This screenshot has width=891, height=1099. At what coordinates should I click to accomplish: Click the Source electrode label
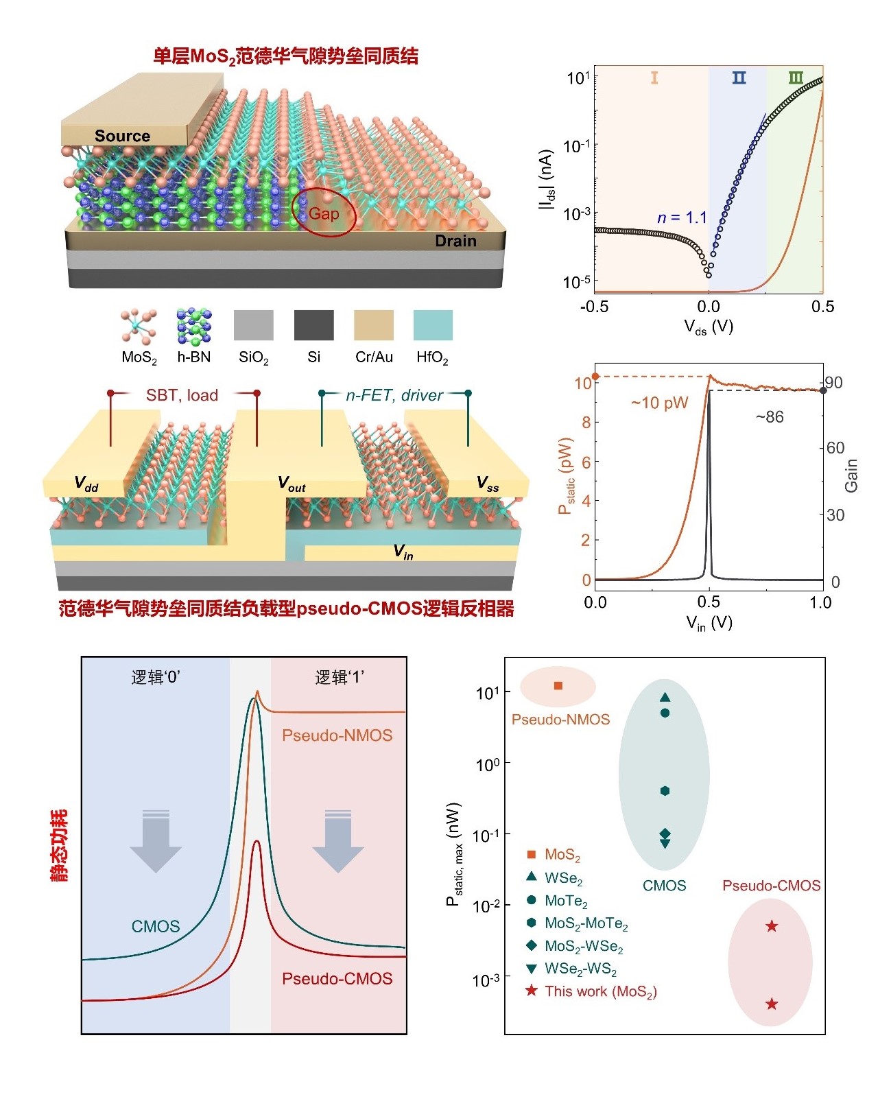(122, 136)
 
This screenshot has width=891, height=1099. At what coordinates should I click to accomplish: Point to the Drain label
(455, 240)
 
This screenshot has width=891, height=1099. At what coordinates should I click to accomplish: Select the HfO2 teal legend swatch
(433, 325)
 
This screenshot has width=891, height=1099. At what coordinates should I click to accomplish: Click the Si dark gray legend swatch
(313, 325)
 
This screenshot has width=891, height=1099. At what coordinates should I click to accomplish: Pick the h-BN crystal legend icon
(194, 326)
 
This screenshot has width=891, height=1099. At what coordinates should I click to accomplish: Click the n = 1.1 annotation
(682, 217)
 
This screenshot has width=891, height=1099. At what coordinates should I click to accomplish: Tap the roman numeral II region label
(739, 78)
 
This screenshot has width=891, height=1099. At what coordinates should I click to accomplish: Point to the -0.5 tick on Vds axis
(595, 307)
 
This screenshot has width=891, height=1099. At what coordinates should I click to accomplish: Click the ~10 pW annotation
(659, 403)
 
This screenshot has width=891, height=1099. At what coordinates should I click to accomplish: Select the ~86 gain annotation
(770, 416)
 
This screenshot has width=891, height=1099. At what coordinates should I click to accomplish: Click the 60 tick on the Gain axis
(835, 447)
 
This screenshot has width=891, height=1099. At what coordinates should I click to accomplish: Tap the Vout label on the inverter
(292, 484)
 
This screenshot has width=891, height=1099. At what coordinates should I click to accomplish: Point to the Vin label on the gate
(403, 552)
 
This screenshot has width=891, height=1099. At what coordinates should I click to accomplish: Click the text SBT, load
(182, 395)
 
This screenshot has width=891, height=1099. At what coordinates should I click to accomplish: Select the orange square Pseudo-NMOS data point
(558, 686)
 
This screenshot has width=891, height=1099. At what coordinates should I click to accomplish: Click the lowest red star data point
(771, 1004)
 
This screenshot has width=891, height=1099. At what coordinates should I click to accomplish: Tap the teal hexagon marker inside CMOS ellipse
(665, 790)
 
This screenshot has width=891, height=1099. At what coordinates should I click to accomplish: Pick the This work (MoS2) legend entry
(591, 991)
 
